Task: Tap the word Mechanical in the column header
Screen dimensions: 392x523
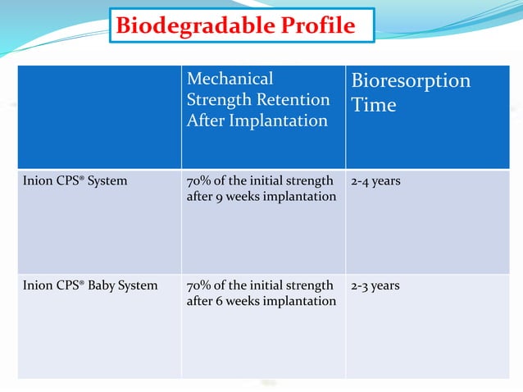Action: [230, 79]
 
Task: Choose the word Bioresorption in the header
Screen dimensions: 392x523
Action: [411, 81]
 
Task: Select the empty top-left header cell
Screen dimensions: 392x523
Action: [99, 117]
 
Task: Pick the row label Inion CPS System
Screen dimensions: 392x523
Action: [75, 180]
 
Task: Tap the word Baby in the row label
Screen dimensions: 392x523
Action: [97, 286]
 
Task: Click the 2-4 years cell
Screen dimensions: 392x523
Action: [375, 180]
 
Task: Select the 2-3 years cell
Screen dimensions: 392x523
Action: [375, 286]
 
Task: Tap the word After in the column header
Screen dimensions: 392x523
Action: [206, 121]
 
